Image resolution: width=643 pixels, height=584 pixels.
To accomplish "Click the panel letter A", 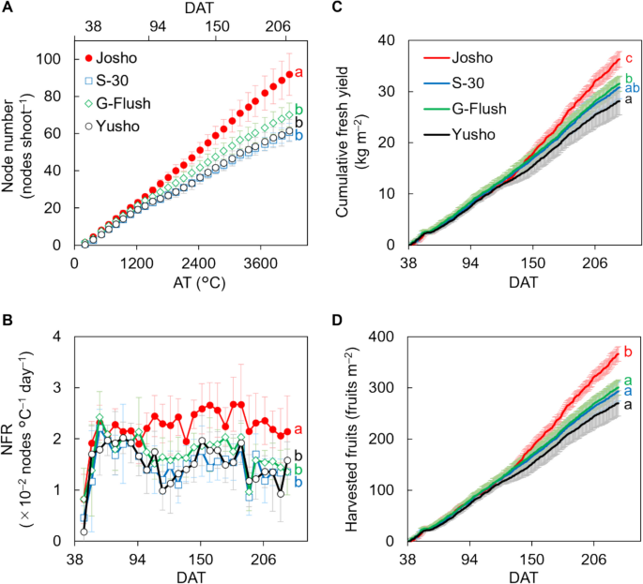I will click(x=7, y=7).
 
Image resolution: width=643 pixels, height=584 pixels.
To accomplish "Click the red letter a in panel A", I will click(x=299, y=72).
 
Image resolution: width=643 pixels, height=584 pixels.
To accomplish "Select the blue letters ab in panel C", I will click(x=632, y=87).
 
